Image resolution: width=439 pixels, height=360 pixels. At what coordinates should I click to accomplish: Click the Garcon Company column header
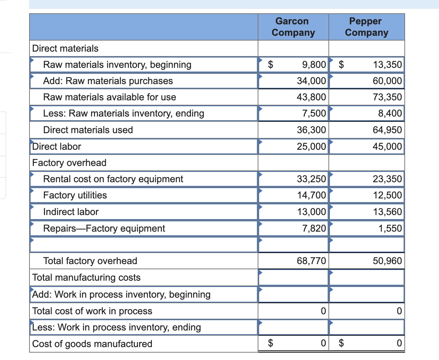293,27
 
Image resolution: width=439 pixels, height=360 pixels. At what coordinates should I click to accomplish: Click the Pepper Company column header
366,27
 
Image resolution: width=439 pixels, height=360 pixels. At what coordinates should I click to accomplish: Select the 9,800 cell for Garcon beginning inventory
314,65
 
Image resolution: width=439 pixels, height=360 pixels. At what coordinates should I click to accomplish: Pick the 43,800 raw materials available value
311,97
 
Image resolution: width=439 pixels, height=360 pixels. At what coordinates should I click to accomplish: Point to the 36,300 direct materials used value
311,130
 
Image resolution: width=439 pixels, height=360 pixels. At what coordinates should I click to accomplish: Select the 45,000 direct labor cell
387,146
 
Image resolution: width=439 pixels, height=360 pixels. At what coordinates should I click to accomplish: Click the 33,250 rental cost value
311,179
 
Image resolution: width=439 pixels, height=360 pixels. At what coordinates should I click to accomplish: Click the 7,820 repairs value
314,228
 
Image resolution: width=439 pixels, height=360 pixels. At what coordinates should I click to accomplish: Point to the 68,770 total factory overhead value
311,261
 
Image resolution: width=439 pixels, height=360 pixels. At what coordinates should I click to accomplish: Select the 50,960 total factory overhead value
387,261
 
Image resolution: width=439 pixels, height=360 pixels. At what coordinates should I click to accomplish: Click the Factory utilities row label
75,195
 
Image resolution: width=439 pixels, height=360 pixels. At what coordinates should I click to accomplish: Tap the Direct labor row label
57,146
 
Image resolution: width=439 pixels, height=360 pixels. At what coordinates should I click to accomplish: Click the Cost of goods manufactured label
92,344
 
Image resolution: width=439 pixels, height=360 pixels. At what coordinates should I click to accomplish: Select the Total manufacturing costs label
86,277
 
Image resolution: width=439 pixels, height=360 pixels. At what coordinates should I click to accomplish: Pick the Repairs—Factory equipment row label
104,228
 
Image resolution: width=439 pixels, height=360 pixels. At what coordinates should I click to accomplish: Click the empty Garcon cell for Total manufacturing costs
293,277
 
